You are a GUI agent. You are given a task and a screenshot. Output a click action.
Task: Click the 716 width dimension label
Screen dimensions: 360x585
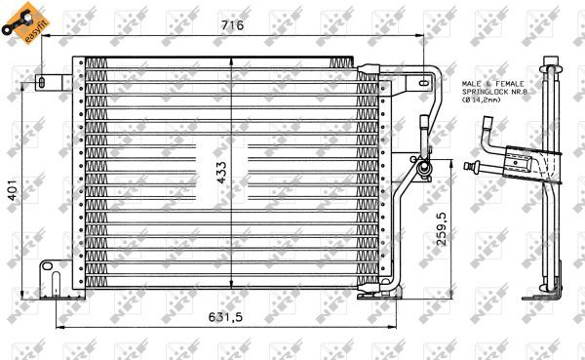[231, 24]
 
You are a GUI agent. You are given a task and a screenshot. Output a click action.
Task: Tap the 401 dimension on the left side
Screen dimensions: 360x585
[12, 193]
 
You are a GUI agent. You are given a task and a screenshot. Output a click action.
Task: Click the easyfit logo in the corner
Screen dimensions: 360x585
[20, 21]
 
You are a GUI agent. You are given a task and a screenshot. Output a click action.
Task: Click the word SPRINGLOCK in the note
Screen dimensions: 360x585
[482, 99]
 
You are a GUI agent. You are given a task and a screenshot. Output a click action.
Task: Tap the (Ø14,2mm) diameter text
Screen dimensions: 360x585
[484, 107]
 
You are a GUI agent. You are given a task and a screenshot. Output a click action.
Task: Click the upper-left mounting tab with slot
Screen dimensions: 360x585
[44, 81]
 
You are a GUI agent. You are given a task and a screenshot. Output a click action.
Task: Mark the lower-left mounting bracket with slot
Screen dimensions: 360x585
[49, 273]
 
